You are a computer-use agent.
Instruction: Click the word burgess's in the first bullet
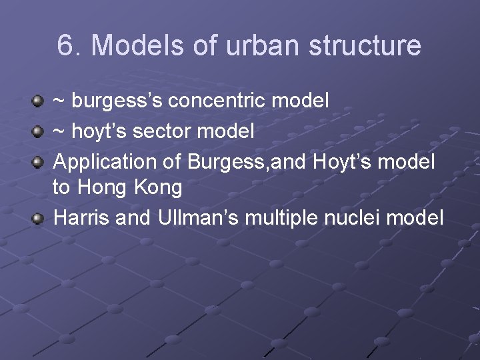coord(117,101)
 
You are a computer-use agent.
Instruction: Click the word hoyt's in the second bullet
coord(97,131)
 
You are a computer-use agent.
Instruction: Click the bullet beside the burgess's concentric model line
coord(39,102)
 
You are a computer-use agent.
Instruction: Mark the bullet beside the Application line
coord(39,161)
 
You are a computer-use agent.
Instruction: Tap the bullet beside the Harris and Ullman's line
coord(39,218)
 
